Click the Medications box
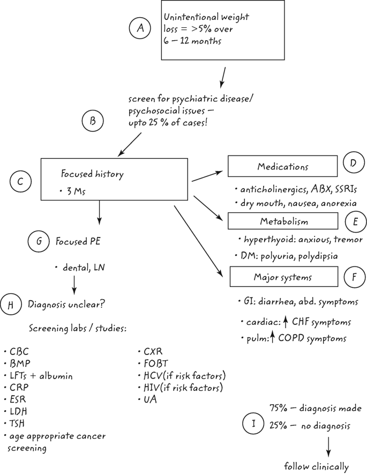(x=282, y=166)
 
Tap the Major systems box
(x=282, y=278)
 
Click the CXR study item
(x=154, y=352)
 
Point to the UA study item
(x=151, y=399)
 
